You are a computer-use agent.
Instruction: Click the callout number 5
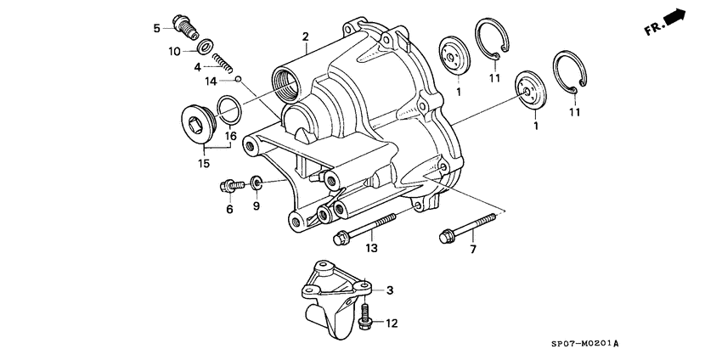157,29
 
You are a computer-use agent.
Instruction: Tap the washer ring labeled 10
204,46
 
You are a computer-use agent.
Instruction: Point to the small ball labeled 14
240,79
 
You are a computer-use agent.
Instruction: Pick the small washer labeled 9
255,182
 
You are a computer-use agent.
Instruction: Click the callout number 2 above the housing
304,37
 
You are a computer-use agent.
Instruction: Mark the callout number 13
370,248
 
